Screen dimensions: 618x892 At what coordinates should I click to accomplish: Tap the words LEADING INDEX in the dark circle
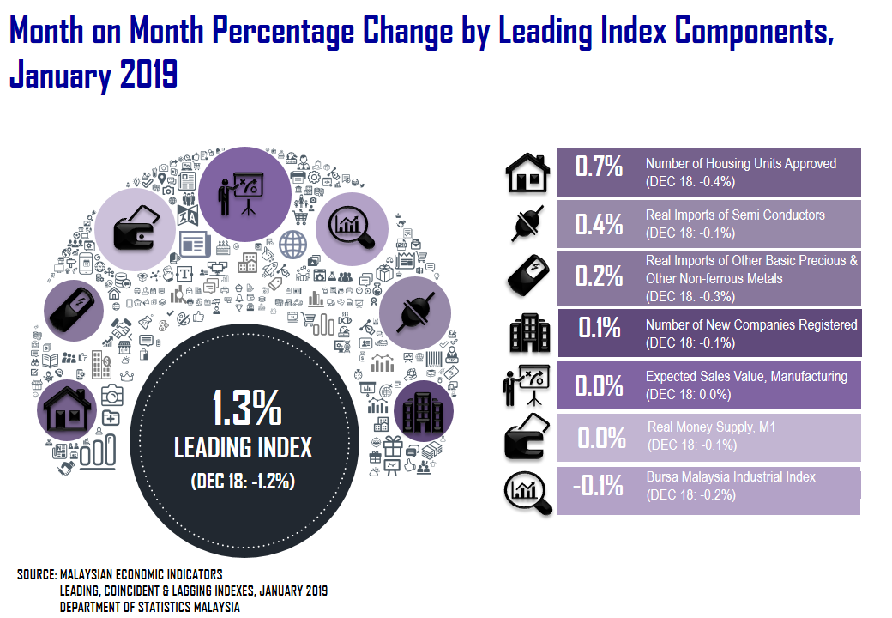(243, 447)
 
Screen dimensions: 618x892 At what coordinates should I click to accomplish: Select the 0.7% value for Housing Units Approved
(599, 166)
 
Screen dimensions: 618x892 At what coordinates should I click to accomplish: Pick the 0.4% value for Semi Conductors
(599, 224)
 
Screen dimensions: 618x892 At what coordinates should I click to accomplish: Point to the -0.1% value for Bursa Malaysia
(598, 487)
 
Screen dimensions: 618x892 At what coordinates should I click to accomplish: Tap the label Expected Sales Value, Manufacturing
(746, 376)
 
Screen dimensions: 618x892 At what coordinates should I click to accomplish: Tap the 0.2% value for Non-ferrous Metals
(599, 276)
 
